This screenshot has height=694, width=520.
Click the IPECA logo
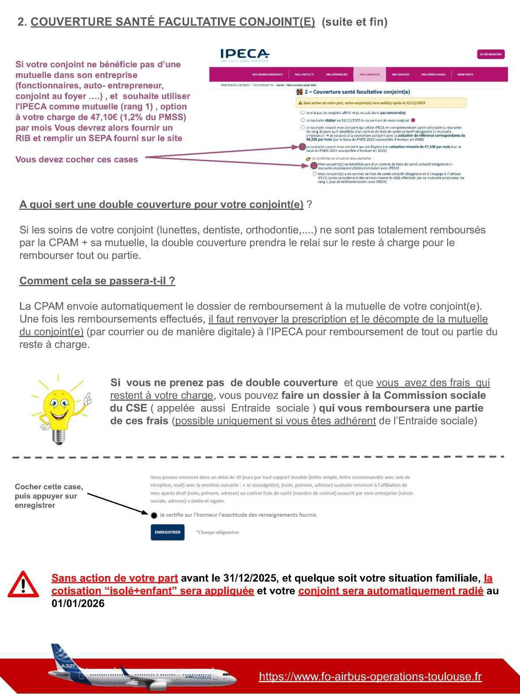[244, 55]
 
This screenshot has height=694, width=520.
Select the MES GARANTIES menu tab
[370, 74]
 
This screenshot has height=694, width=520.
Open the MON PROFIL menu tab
[465, 74]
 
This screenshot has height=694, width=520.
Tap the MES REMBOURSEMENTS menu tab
[267, 74]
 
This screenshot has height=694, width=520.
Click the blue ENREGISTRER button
[167, 532]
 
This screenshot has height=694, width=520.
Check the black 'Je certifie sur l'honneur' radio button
[154, 515]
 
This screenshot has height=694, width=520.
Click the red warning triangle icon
[23, 585]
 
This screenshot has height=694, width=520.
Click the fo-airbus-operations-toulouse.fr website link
[370, 676]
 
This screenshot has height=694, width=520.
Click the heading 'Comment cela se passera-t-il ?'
[97, 281]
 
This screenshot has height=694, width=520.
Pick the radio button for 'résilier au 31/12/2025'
[302, 120]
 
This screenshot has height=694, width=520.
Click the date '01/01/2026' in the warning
[78, 603]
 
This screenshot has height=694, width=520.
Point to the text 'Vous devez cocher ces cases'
[77, 159]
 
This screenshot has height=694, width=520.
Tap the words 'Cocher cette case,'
[49, 487]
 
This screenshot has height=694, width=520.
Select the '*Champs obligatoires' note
[218, 532]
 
